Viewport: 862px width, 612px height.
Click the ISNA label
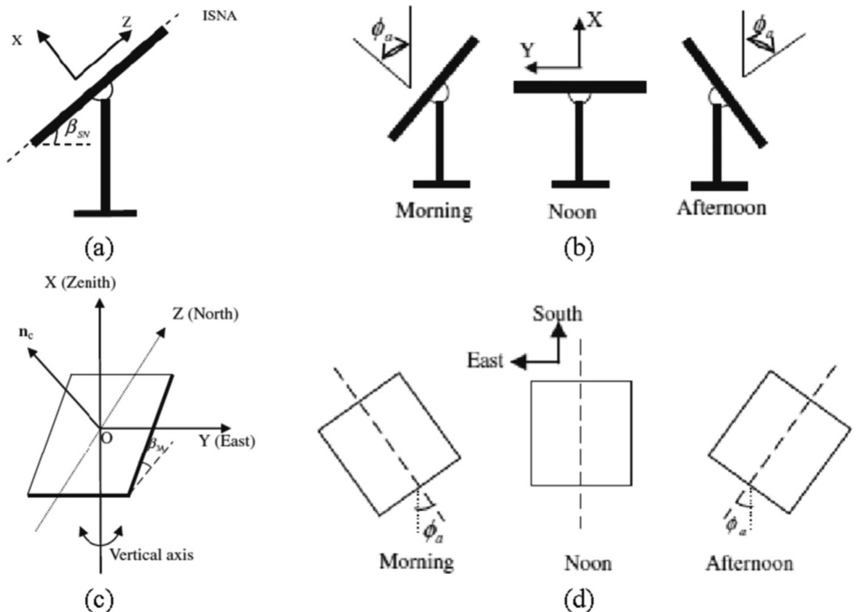[x=219, y=16]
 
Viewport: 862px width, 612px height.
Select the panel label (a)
[x=99, y=248]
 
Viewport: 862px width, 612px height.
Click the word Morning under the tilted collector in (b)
[x=434, y=210]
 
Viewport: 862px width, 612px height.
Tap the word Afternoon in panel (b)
[x=721, y=208]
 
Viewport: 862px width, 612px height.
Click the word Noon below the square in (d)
[x=588, y=563]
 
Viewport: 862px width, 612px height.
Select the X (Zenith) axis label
[x=80, y=283]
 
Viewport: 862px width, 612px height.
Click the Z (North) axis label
[x=205, y=313]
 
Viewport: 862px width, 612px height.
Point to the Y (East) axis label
[x=227, y=441]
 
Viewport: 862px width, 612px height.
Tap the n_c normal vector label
[x=25, y=332]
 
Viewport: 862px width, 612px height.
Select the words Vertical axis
[x=151, y=554]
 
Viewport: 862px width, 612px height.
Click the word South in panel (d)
[x=557, y=314]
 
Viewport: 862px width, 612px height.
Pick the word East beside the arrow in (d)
[x=485, y=360]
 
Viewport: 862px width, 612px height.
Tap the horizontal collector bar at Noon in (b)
[x=580, y=87]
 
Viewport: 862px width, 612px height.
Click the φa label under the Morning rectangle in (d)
[x=433, y=531]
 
